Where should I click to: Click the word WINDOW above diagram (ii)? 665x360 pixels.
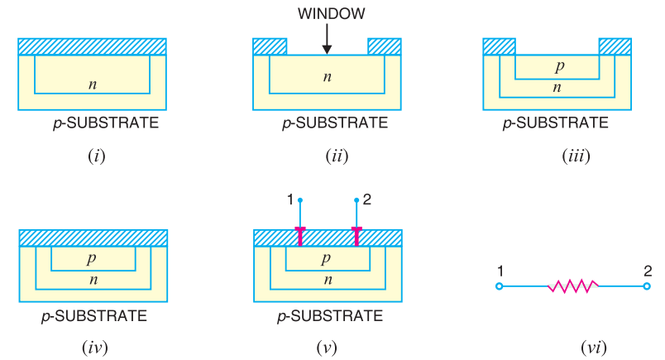coord(327,15)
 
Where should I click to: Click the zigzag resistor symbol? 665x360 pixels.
coord(573,286)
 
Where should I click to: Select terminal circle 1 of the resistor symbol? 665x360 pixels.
coord(499,286)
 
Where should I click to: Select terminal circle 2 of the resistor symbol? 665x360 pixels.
coord(647,286)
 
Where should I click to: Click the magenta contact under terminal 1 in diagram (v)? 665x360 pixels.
coord(299,237)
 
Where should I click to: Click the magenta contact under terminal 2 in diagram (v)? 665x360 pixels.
coord(356,237)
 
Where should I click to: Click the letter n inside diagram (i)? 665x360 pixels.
coord(93,83)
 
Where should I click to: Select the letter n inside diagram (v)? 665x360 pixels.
coord(327,280)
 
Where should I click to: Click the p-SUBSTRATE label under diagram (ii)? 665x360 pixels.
coord(334,123)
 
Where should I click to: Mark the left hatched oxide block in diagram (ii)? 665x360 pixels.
coord(270,46)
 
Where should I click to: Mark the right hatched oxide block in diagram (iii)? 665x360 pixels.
coord(615,46)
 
